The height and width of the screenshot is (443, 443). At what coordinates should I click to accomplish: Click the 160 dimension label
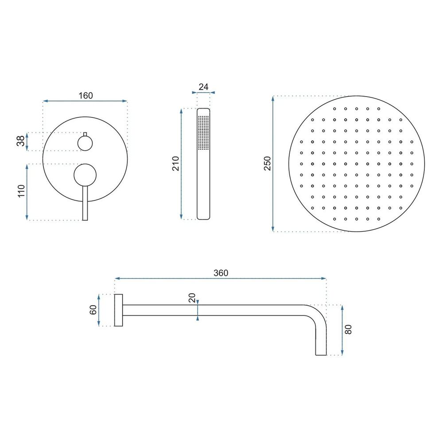[x=85, y=96]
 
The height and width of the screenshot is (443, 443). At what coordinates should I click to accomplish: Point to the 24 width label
[x=203, y=87]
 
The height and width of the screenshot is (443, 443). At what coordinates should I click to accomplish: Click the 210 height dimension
[x=175, y=163]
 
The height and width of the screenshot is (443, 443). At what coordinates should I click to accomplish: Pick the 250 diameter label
[x=267, y=163]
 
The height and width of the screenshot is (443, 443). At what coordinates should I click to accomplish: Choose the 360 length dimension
[x=220, y=273]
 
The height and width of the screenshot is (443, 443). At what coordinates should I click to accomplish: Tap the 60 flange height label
[x=93, y=310]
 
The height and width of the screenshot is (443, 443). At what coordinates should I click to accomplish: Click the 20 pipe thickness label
[x=192, y=298]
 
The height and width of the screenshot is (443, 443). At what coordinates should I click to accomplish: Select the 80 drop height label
[x=348, y=330]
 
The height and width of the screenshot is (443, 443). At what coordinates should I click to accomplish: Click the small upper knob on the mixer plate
[x=85, y=143]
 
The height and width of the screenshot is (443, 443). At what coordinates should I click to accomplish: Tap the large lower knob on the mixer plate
[x=85, y=175]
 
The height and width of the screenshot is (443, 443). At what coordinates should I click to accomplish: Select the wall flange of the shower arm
[x=118, y=310]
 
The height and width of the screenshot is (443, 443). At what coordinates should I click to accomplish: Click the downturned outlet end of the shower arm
[x=321, y=346]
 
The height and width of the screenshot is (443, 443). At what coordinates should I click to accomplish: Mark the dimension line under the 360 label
[x=220, y=279]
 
